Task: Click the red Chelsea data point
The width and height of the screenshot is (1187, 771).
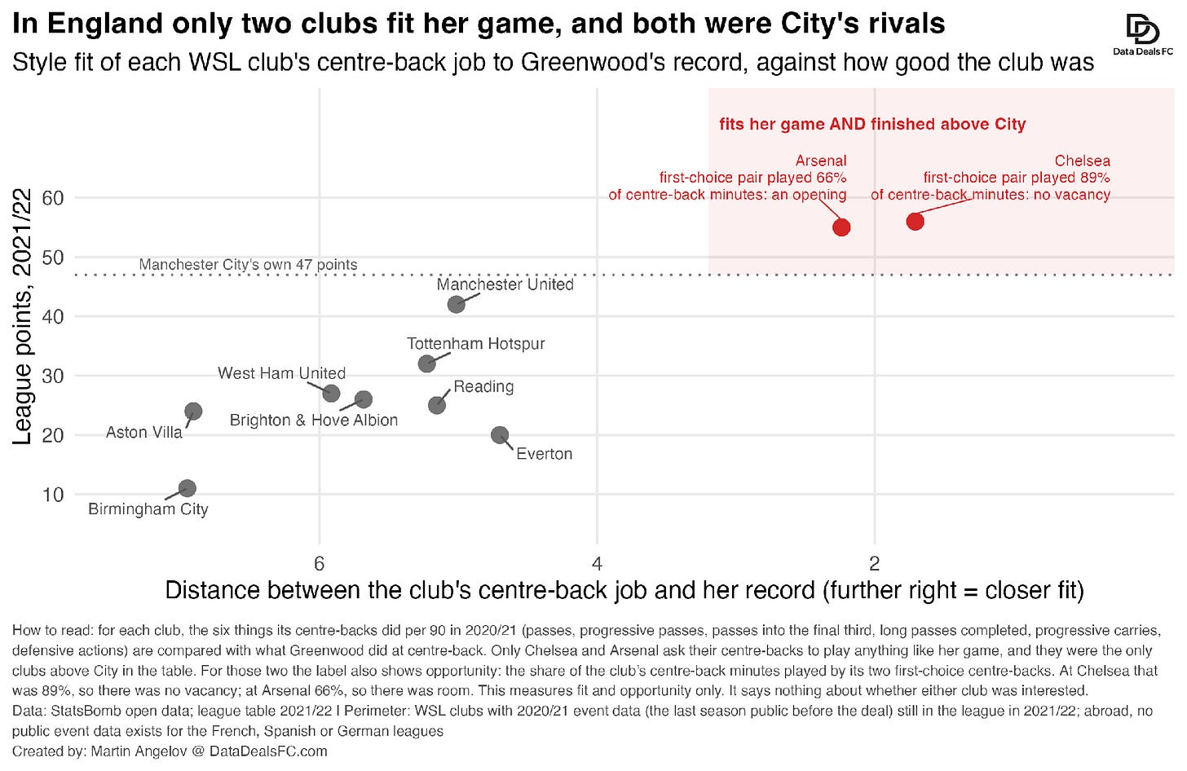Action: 916,222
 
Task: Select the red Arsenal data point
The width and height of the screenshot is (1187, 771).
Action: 841,227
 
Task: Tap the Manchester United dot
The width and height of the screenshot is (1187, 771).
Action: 457,304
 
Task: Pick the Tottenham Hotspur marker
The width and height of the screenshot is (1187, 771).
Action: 426,363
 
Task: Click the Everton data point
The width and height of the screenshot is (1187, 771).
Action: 500,435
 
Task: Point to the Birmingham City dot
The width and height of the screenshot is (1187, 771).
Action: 187,488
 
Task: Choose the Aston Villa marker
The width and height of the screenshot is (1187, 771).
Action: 193,412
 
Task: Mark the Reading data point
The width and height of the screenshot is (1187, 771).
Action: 437,405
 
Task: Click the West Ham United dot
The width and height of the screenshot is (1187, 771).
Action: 331,393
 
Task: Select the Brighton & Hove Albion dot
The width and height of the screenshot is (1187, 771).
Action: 364,399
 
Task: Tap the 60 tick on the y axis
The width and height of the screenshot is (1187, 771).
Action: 53,198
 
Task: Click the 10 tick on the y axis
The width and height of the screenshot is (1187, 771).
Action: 53,495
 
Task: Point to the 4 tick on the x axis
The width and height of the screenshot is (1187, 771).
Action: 598,563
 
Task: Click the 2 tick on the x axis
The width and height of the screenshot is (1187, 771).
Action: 875,563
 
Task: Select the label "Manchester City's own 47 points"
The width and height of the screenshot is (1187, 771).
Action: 248,264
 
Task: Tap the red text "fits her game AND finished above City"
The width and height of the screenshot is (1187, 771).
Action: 872,124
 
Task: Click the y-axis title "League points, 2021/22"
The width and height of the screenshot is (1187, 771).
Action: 22,317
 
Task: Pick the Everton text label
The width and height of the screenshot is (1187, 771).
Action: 545,454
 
